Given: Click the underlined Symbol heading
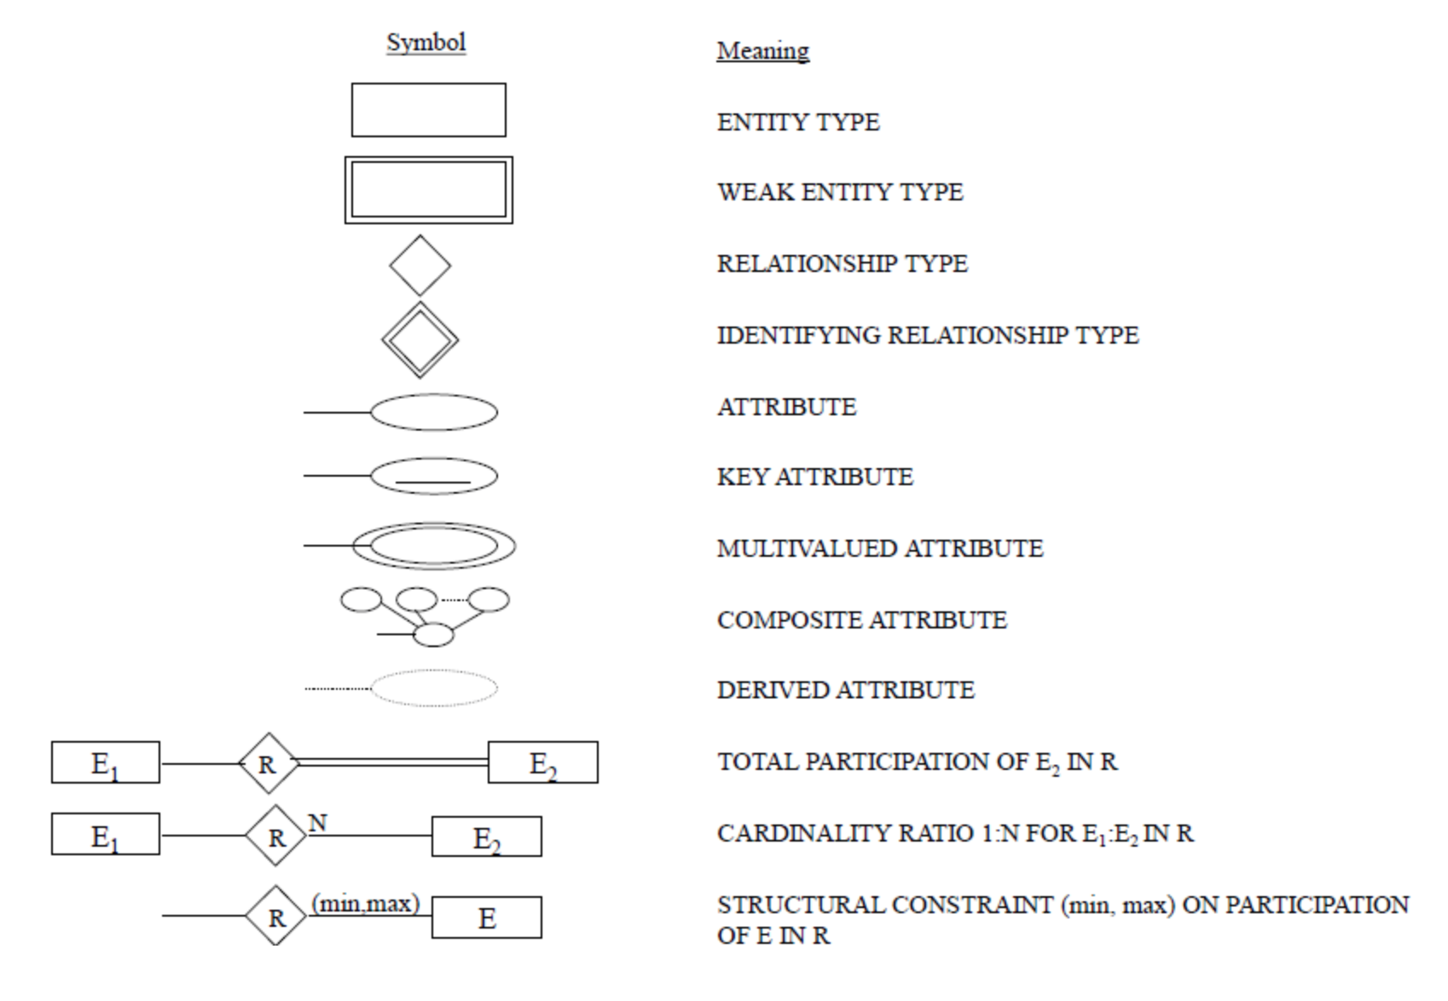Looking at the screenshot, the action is click(x=426, y=43).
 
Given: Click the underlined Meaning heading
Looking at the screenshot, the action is click(x=762, y=51).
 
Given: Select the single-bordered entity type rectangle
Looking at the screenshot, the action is click(x=428, y=110).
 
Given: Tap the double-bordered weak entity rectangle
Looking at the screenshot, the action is click(x=428, y=190).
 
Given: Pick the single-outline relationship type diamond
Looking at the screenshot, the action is click(x=420, y=266).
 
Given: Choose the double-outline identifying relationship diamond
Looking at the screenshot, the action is click(x=420, y=339).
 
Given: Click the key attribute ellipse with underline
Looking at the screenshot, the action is click(x=434, y=476).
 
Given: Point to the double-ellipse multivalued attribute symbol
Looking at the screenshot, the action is click(x=434, y=546).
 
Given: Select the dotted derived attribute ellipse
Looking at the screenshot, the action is click(x=434, y=688).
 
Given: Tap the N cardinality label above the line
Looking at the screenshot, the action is click(x=317, y=823).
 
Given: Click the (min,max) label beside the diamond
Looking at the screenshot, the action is click(x=366, y=903).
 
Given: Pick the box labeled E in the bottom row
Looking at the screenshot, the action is click(x=486, y=917).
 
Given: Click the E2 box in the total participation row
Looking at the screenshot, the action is click(x=542, y=762).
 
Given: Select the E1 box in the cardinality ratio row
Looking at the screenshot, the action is click(x=105, y=835).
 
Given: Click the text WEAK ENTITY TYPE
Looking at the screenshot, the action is click(x=840, y=193).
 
